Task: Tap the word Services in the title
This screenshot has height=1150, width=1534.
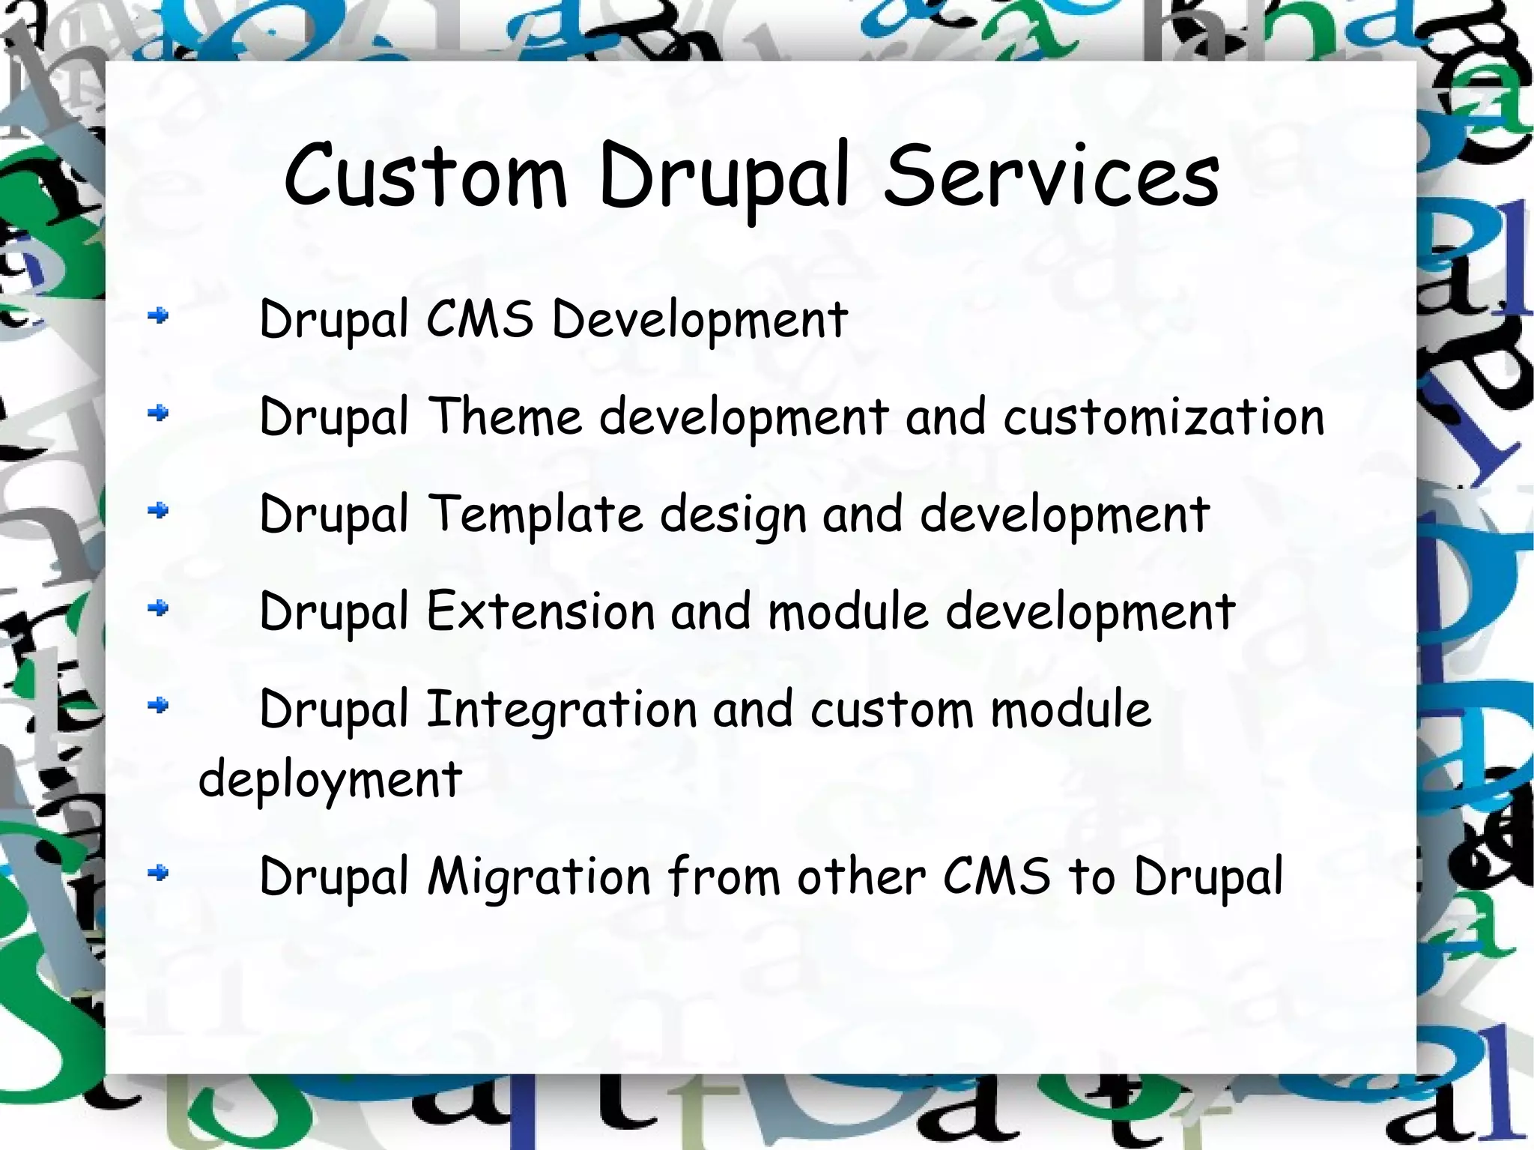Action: (x=1052, y=177)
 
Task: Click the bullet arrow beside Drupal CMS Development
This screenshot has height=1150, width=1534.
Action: (x=158, y=317)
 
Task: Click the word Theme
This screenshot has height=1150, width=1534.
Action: (x=506, y=416)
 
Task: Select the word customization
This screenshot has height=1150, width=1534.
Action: (x=1164, y=417)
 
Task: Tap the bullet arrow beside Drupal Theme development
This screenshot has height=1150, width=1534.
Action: (x=158, y=413)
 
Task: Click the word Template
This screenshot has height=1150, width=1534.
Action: (x=536, y=515)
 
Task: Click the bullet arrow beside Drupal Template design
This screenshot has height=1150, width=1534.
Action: (x=158, y=511)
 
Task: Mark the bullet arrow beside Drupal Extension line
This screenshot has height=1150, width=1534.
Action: (x=158, y=608)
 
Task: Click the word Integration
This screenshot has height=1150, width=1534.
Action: (x=562, y=709)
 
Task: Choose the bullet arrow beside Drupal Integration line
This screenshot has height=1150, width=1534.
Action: (x=158, y=705)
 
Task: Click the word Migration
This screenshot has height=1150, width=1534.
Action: (x=539, y=877)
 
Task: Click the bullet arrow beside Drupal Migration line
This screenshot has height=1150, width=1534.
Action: (x=158, y=872)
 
